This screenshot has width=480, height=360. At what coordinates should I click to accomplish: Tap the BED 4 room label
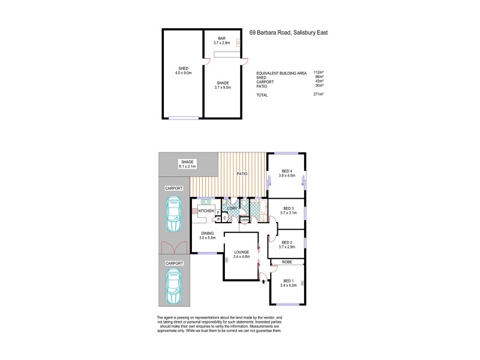pyautogui.click(x=287, y=170)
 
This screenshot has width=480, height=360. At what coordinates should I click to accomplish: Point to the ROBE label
pyautogui.click(x=287, y=262)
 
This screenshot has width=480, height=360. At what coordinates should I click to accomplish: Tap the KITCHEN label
pyautogui.click(x=206, y=211)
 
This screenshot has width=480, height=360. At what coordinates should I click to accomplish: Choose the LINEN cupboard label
pyautogui.click(x=244, y=220)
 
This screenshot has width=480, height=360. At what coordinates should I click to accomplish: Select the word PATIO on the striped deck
pyautogui.click(x=242, y=173)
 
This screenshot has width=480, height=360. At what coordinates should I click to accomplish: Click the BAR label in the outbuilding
pyautogui.click(x=221, y=38)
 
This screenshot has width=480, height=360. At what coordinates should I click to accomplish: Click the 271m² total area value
pyautogui.click(x=319, y=95)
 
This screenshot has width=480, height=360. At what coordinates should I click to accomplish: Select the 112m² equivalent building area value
pyautogui.click(x=319, y=73)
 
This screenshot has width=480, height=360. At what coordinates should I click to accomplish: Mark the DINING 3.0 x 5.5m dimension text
pyautogui.click(x=207, y=238)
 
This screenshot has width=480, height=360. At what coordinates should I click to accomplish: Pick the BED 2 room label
pyautogui.click(x=287, y=242)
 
